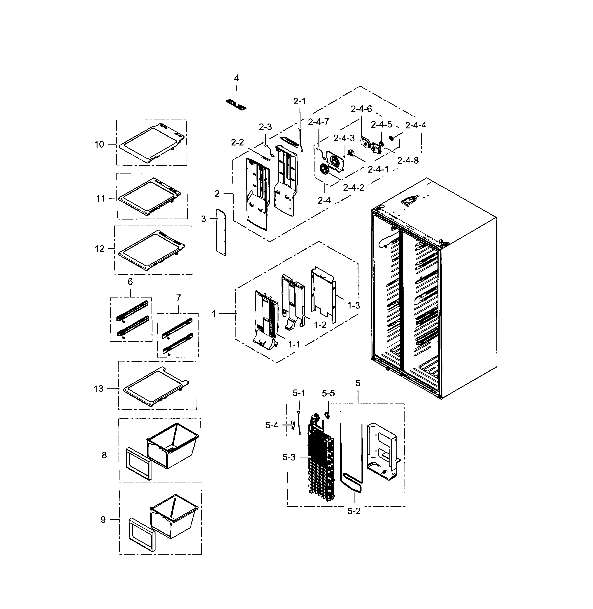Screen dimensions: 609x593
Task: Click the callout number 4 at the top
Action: pos(236,78)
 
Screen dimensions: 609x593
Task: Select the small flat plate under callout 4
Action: pos(236,105)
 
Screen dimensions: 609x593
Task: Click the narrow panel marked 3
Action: pos(221,232)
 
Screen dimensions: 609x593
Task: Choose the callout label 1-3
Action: pos(354,306)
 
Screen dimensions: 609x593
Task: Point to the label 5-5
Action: pos(328,393)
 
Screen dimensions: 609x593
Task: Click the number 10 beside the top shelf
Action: pos(99,145)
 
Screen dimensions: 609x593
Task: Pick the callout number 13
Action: pos(98,389)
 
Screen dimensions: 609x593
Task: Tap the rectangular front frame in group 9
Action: pos(141,534)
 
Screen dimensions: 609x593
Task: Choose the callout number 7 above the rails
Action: pos(178,298)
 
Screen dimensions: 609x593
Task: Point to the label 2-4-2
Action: pos(354,188)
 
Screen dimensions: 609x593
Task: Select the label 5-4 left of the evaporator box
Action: pos(272,425)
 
